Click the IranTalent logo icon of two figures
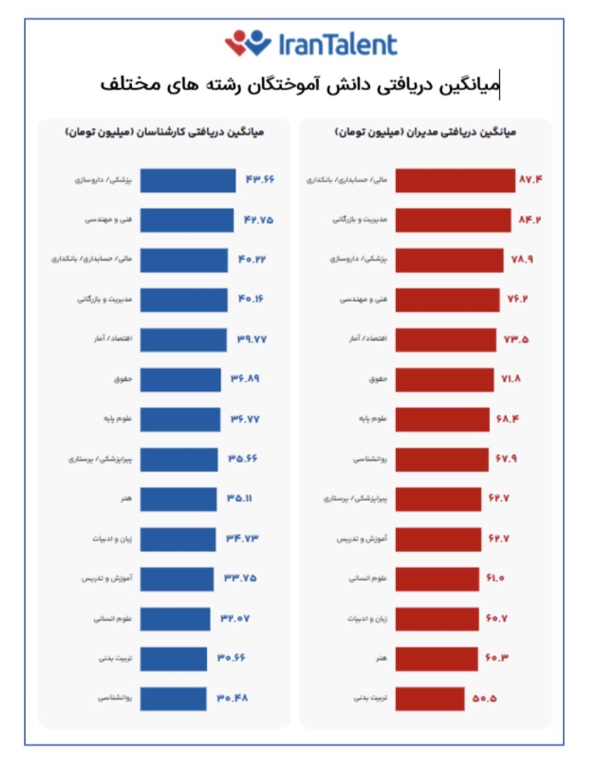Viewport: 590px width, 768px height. tap(248, 43)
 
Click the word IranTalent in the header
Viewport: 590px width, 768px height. tap(338, 45)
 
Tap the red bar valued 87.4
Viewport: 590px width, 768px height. tap(455, 180)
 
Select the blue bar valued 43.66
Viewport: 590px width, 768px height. tap(188, 180)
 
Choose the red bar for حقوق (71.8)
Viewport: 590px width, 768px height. tap(444, 380)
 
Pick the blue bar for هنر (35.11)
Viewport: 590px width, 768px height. tap(179, 499)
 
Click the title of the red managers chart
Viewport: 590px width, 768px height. tap(426, 132)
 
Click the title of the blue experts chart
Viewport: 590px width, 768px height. tap(164, 132)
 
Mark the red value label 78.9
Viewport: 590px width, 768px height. tap(522, 259)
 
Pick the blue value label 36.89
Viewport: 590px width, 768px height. tap(245, 379)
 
